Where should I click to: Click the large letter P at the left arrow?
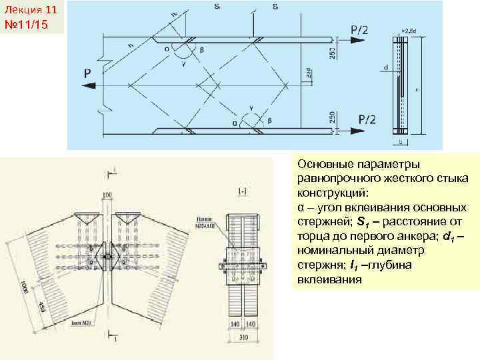click(x=88, y=75)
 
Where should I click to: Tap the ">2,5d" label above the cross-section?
click(x=408, y=30)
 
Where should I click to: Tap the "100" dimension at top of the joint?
click(x=107, y=195)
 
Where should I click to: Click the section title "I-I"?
click(x=243, y=191)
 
